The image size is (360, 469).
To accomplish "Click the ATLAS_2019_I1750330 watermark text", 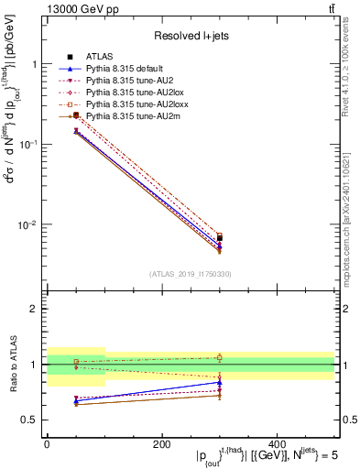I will pos(190,274).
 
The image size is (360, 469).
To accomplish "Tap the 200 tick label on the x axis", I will pos(161,443).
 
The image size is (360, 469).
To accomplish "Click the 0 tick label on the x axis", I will pos(47,443).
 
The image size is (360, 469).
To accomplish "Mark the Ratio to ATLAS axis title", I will pos(12,365).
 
